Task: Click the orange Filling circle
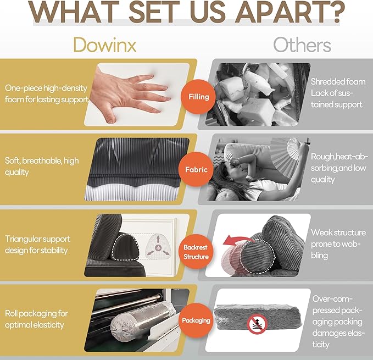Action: [x=198, y=97]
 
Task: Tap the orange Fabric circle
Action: [x=196, y=169]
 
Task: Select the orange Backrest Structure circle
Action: [x=196, y=252]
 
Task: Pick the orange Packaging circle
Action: [x=196, y=320]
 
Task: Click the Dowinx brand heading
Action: [x=105, y=45]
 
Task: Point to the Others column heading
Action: [x=302, y=45]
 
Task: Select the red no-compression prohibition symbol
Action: [x=257, y=324]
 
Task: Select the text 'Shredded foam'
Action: [x=338, y=81]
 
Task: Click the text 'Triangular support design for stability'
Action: [x=37, y=245]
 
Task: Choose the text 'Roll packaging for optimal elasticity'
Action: [x=36, y=319]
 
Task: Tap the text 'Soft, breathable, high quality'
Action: [x=42, y=167]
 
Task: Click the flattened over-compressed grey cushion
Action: [x=258, y=317]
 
